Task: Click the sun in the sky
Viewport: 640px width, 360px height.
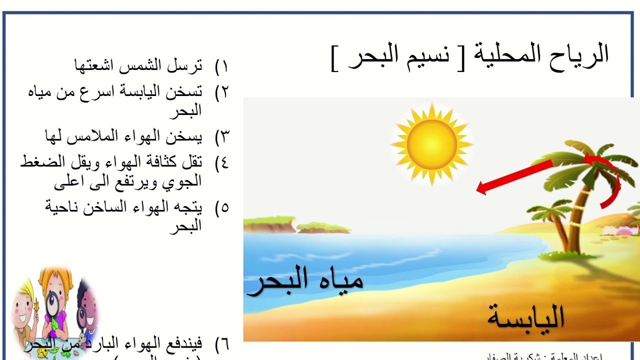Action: [x=432, y=144]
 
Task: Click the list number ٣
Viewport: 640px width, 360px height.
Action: [x=221, y=135]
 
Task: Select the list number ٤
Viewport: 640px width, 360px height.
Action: [x=221, y=162]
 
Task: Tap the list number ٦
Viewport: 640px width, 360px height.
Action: [x=221, y=344]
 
